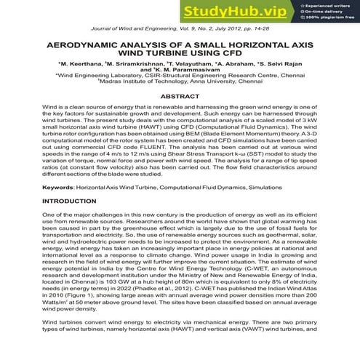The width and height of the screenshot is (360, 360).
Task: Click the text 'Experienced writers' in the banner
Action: pyautogui.click(x=329, y=6)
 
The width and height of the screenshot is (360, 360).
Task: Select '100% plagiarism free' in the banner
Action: pyautogui.click(x=332, y=17)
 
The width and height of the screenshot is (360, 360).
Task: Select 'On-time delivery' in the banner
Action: pyautogui.click(x=327, y=12)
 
